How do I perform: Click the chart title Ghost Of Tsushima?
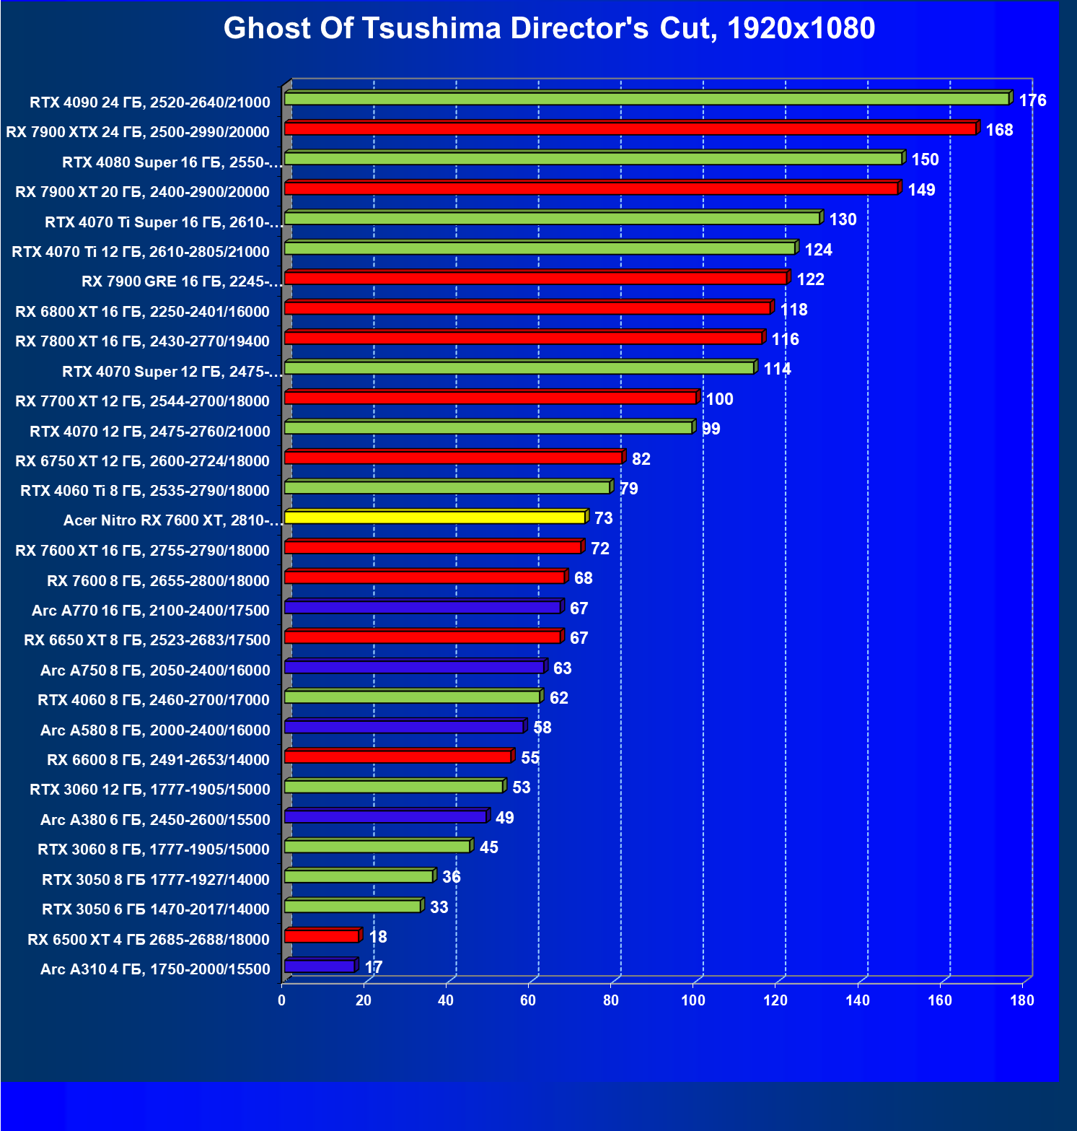coord(549,29)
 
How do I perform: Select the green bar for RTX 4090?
coord(646,99)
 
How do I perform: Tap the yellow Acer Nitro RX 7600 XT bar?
coord(435,518)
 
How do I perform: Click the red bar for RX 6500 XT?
coord(322,936)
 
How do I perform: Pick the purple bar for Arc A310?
coord(320,966)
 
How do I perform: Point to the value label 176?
coord(1032,100)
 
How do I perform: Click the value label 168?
coord(999,130)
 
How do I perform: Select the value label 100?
coord(719,399)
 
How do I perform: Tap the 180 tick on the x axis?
coord(1021,1000)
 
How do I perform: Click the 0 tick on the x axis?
coord(281,1000)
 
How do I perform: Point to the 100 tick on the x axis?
coord(693,1000)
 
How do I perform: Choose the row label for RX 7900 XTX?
coord(138,132)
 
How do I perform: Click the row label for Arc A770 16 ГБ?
coord(151,611)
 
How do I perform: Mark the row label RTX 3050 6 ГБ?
coord(156,909)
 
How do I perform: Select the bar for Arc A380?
coord(386,816)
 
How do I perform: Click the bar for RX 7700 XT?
coord(491,398)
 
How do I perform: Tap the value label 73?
coord(603,518)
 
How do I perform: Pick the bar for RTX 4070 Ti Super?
coord(552,218)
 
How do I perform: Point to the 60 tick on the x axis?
coord(528,1000)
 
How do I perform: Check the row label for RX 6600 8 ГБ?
coord(158,760)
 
